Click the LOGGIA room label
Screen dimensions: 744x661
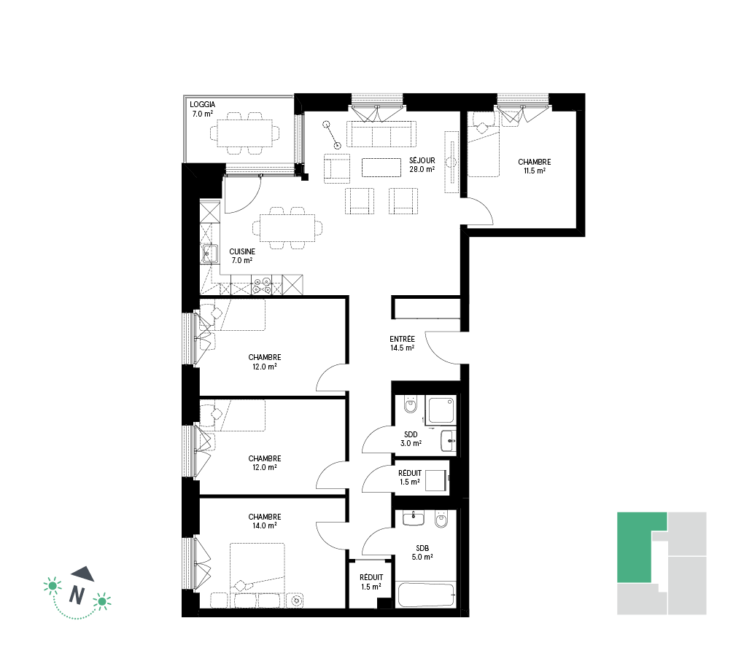[203, 104]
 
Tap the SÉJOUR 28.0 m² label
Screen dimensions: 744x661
[422, 165]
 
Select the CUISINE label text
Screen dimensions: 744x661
[242, 251]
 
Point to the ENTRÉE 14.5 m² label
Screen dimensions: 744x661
[403, 343]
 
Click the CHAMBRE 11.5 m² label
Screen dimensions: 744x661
[534, 166]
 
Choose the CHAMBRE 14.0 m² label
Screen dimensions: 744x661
[265, 521]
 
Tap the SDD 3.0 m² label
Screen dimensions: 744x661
[411, 439]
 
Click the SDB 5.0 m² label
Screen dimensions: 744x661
[422, 552]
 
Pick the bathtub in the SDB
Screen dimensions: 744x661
[427, 595]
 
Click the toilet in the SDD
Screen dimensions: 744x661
[411, 404]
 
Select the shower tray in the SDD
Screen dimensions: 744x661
[441, 410]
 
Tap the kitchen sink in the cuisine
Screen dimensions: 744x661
[209, 253]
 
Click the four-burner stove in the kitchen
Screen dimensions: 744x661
[262, 284]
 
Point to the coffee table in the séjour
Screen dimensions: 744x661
[381, 168]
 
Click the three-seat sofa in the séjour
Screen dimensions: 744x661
[381, 134]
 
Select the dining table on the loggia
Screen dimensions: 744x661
[245, 133]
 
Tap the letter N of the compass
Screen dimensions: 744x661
[77, 595]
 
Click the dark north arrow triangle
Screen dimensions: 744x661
[84, 574]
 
